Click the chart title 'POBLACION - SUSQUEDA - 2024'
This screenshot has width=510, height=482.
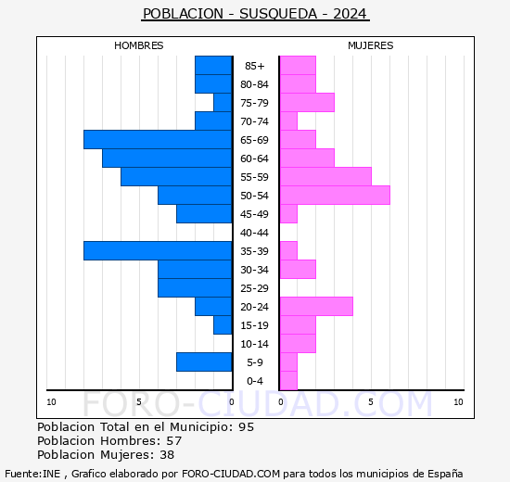click(255, 14)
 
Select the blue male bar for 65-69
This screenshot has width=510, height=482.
click(158, 139)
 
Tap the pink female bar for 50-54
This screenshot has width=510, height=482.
click(335, 195)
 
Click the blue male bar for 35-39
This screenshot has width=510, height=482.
click(158, 250)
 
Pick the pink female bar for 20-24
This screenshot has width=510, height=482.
click(316, 306)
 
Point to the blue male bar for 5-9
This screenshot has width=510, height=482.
click(204, 361)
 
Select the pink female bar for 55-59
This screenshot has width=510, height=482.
click(325, 176)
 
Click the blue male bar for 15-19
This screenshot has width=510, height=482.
click(223, 324)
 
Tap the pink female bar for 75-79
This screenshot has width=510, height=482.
click(307, 102)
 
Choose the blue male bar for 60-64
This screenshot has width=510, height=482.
click(167, 158)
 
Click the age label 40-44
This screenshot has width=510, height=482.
click(254, 233)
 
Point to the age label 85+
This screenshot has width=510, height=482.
click(254, 66)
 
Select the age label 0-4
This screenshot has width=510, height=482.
click(254, 381)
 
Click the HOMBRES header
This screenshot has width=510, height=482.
click(139, 45)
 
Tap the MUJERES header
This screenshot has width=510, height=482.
click(371, 45)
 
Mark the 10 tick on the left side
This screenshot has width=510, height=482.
click(51, 401)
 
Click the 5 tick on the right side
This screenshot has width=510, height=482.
click(370, 401)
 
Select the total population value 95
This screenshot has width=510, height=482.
click(245, 426)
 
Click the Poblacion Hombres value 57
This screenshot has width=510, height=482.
click(173, 440)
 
